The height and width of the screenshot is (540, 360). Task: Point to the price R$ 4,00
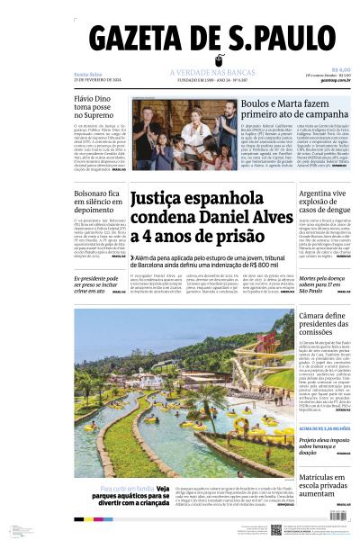(340, 69)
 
